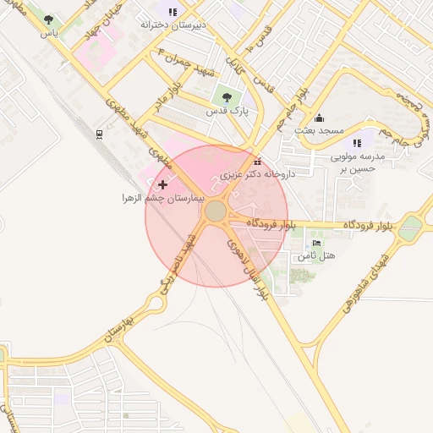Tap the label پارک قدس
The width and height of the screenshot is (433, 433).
(x=225, y=111)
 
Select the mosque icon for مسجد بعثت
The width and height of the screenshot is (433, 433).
(x=319, y=118)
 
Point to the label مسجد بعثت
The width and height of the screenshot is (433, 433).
(x=319, y=131)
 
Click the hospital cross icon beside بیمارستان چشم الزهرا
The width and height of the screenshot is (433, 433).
(x=162, y=184)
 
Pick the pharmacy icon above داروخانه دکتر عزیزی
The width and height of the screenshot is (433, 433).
(x=257, y=162)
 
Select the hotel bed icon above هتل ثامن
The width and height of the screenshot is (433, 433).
(x=317, y=243)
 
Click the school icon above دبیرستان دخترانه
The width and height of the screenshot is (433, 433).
(x=173, y=12)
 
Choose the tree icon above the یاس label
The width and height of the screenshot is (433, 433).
(x=48, y=19)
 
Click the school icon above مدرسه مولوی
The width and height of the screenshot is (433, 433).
(x=357, y=143)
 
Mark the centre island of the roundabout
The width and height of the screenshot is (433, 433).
(x=216, y=211)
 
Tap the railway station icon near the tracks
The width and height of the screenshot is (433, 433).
(x=100, y=134)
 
